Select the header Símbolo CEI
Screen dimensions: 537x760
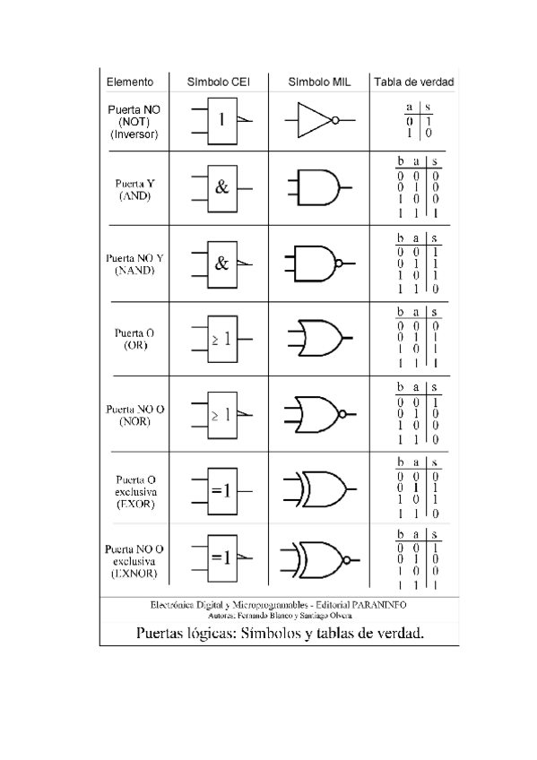(217, 82)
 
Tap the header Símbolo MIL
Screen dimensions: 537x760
(318, 82)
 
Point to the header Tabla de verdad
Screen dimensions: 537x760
(414, 82)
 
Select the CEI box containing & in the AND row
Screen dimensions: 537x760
(221, 188)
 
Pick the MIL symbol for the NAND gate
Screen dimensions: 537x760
(316, 263)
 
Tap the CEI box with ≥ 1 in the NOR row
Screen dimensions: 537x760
(221, 415)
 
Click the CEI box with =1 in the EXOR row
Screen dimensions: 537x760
(221, 490)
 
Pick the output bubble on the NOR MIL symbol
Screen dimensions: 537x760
(341, 415)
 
